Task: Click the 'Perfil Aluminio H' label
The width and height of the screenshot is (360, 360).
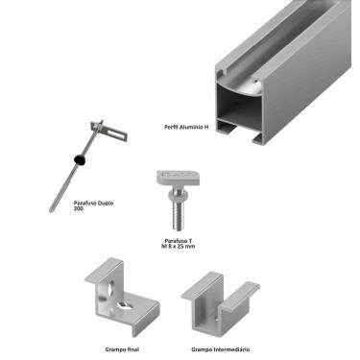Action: pos(186,127)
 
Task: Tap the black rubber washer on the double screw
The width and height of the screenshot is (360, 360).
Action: pos(80,159)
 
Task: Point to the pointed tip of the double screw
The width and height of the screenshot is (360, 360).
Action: pos(50,211)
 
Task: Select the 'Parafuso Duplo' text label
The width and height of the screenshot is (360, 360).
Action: pos(93,203)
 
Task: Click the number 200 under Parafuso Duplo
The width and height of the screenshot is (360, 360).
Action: pos(79,208)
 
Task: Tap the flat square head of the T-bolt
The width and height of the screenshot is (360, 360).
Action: pos(179,178)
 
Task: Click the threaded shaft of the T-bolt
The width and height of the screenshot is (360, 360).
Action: pos(179,214)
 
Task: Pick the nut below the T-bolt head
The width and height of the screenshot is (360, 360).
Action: pos(179,194)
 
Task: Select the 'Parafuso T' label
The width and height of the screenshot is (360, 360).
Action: pos(179,241)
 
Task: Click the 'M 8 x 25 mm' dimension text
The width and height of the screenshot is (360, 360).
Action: pos(179,246)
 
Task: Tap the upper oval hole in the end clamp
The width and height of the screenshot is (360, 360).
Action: pos(110,287)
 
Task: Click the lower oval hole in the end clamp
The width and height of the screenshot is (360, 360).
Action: pos(125,306)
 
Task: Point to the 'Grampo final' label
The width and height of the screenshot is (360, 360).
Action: pos(122,349)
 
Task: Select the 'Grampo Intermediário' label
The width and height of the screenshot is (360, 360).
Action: pos(221,349)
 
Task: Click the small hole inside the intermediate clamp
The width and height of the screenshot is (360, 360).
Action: pos(216,319)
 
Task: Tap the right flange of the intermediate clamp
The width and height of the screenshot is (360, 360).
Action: pos(241,296)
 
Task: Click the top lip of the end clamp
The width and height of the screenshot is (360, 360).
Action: pos(103,271)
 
